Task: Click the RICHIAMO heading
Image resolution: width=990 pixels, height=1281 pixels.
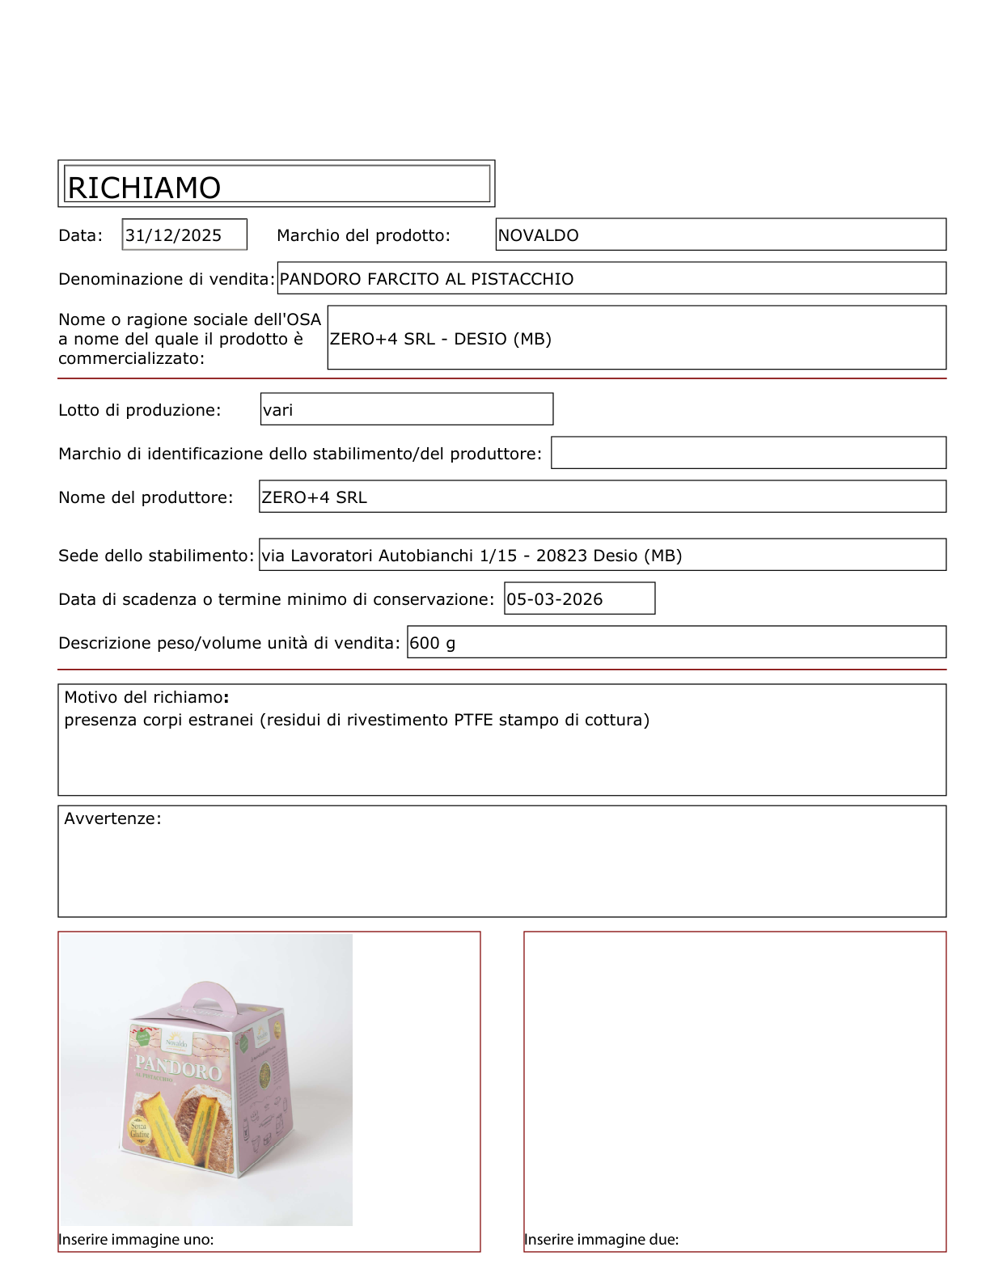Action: pyautogui.click(x=144, y=188)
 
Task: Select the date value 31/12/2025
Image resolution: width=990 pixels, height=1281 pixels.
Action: pyautogui.click(x=173, y=235)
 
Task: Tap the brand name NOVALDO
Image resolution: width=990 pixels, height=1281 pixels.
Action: pyautogui.click(x=538, y=235)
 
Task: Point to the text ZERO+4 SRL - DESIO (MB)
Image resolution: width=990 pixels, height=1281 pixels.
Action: pyautogui.click(x=440, y=339)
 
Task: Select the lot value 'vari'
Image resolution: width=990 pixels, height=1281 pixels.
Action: pyautogui.click(x=277, y=410)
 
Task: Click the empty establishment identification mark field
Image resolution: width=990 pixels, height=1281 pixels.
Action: pyautogui.click(x=748, y=453)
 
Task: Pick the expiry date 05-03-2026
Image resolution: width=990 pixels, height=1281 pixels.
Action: pyautogui.click(x=554, y=599)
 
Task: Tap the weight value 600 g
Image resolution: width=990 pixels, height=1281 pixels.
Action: pyautogui.click(x=432, y=643)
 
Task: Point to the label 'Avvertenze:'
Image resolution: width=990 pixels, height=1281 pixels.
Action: pyautogui.click(x=112, y=818)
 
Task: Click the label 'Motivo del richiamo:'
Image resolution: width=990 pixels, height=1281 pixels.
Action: pyautogui.click(x=146, y=697)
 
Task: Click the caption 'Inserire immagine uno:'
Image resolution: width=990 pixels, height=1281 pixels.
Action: pyautogui.click(x=136, y=1240)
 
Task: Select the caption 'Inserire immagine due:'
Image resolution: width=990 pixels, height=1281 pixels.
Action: pyautogui.click(x=601, y=1240)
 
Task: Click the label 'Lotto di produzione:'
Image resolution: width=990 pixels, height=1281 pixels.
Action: pyautogui.click(x=139, y=410)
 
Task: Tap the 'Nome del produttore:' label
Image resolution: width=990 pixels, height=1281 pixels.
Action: pyautogui.click(x=146, y=497)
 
